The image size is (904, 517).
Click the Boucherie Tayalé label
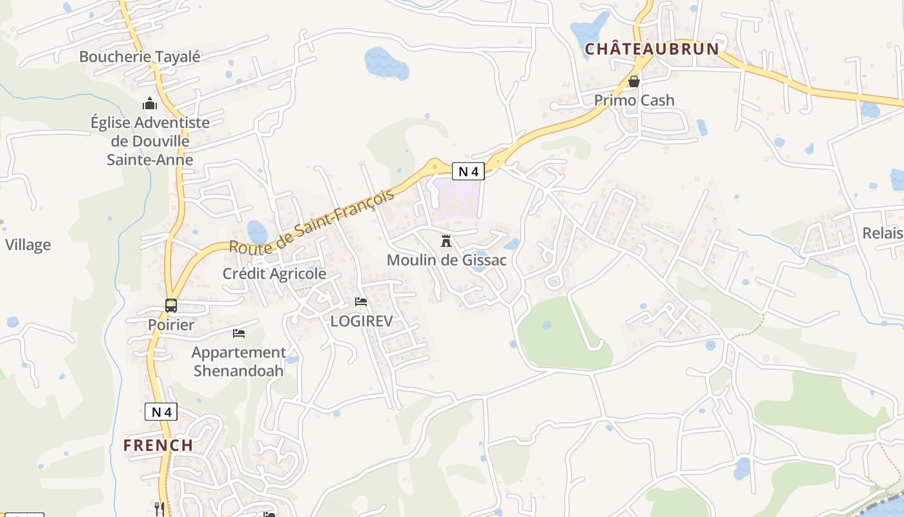(x=139, y=57)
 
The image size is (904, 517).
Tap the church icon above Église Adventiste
(x=150, y=103)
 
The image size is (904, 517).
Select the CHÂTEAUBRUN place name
(x=652, y=49)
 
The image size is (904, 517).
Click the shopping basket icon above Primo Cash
(x=634, y=81)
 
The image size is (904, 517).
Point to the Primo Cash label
(x=634, y=100)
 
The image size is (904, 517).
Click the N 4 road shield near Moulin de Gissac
(x=468, y=171)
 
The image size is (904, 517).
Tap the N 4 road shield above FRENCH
(x=161, y=412)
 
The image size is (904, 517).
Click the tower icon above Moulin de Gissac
(x=446, y=242)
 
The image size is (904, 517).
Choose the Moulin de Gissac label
(x=446, y=260)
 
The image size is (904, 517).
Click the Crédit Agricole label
(x=274, y=274)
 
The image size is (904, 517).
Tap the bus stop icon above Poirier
(x=171, y=306)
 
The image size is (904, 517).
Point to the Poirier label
(x=171, y=325)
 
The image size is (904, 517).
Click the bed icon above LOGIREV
(x=361, y=302)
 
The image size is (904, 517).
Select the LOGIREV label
(x=361, y=321)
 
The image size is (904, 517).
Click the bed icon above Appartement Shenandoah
(x=239, y=333)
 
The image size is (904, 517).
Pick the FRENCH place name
(x=158, y=445)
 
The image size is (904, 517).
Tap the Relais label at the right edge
(x=883, y=233)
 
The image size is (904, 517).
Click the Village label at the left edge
(x=28, y=245)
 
